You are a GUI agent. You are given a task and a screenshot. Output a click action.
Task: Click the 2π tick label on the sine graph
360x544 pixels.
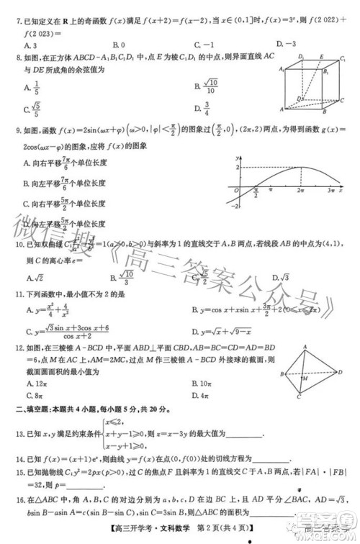[300, 192]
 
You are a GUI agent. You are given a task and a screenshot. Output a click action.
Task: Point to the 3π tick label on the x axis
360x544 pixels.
[330, 192]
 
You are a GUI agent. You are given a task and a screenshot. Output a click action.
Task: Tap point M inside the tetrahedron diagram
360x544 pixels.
[305, 378]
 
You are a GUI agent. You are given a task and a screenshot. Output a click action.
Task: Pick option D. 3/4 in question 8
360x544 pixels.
[202, 109]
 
